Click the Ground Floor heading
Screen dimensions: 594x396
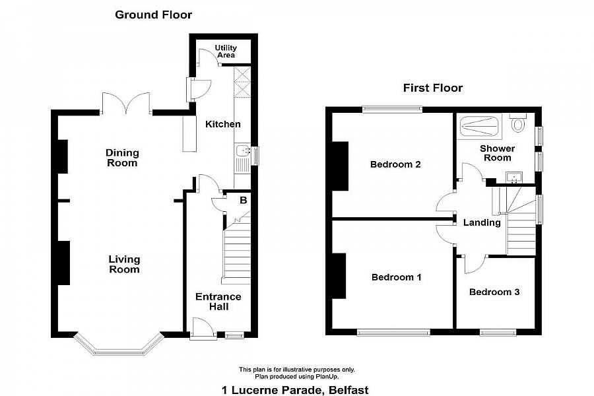point(153,15)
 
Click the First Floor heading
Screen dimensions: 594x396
point(432,88)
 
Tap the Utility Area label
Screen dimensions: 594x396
point(226,51)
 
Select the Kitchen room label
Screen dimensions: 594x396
point(223,124)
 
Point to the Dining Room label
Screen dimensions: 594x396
point(122,158)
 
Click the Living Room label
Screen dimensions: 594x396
point(124,264)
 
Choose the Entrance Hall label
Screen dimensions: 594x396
point(218,302)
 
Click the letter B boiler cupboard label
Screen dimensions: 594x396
point(243,200)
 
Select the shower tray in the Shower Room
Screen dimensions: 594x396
point(479,126)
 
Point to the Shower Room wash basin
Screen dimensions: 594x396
point(514,178)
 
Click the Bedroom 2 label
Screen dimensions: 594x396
point(395,164)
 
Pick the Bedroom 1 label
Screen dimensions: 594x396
point(396,277)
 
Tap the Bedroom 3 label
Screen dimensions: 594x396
point(494,292)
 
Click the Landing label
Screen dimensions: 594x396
point(482,222)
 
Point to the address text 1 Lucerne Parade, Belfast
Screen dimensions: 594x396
point(295,390)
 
